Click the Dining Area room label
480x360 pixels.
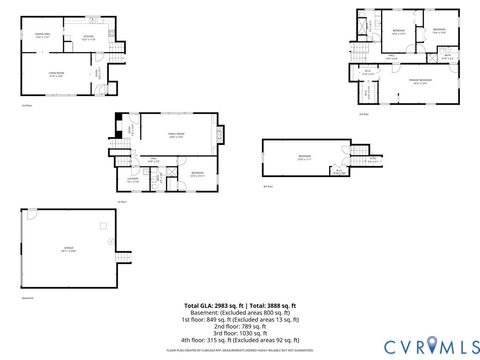43,35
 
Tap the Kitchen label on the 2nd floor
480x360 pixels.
87,38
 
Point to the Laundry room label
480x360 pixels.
133,181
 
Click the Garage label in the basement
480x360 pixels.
68,250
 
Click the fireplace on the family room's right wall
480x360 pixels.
223,136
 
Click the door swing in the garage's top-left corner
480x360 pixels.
32,214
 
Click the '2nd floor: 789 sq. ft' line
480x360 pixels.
240,325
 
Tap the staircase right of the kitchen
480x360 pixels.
122,46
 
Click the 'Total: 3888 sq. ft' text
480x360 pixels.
273,305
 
